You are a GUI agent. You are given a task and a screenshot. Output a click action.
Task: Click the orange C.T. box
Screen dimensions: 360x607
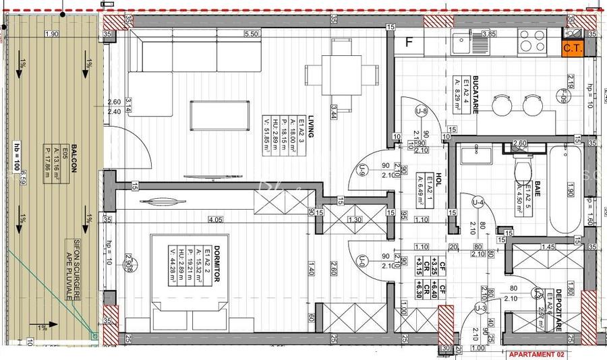[572, 48]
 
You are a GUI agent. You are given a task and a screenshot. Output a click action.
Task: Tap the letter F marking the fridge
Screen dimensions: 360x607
[408, 42]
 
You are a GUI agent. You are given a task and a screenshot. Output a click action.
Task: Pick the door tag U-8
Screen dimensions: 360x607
[422, 111]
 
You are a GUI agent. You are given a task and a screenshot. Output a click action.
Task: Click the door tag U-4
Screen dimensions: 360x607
[478, 202]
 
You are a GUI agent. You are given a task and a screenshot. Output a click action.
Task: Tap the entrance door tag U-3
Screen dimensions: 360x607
[480, 308]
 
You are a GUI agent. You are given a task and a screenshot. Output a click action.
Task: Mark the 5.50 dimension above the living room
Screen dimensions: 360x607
[252, 34]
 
